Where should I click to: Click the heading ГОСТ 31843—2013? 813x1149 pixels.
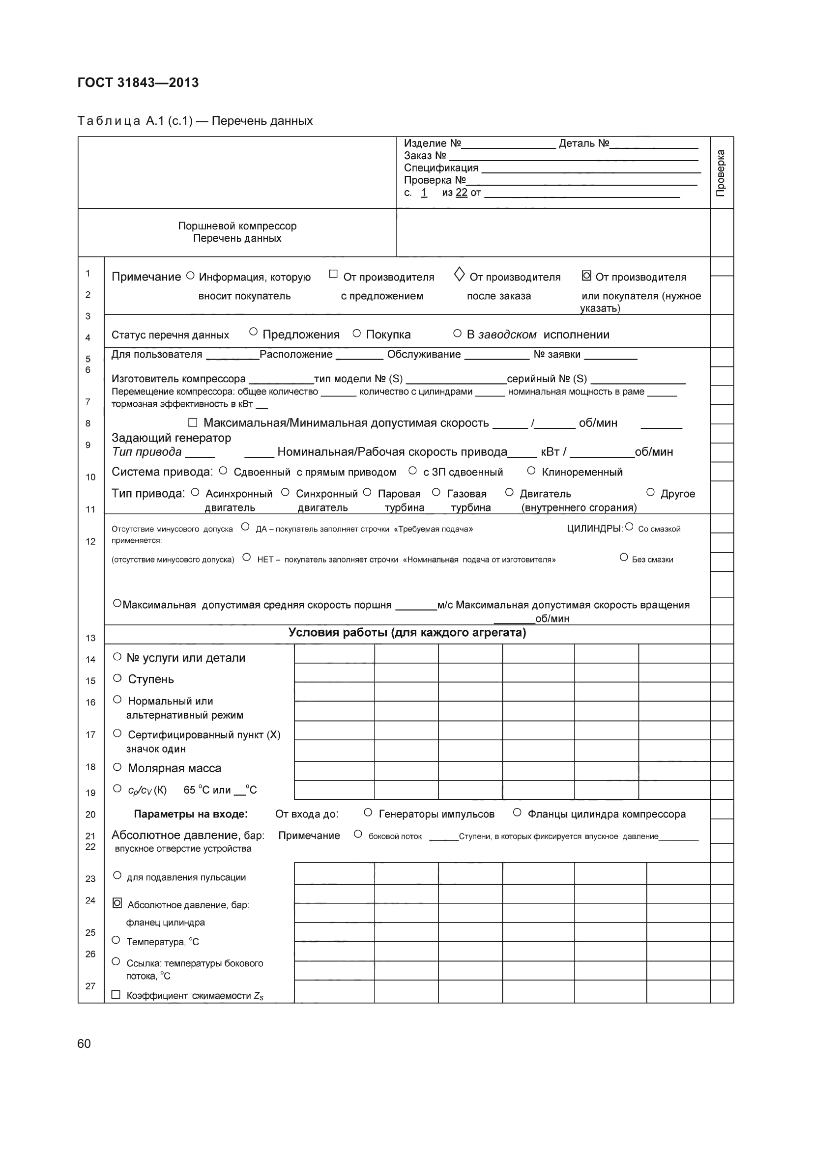[138, 83]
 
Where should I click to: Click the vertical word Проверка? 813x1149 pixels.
[721, 172]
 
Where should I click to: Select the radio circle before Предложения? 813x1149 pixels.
[253, 332]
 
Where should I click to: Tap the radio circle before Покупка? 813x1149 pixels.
[356, 333]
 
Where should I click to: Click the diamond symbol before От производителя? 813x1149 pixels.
[459, 274]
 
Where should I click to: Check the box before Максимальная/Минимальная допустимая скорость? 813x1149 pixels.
[193, 422]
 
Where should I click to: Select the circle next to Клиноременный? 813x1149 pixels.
[531, 471]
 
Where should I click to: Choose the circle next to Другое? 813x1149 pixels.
[650, 492]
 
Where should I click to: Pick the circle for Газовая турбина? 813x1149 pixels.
[436, 492]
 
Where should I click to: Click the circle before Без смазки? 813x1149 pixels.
[624, 558]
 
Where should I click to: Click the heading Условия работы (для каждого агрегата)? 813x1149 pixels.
[407, 633]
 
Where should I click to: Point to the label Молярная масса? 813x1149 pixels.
[174, 768]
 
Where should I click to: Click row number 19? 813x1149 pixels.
[90, 793]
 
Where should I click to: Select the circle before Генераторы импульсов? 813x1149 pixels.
[368, 813]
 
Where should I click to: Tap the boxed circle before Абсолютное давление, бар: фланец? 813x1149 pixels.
[117, 903]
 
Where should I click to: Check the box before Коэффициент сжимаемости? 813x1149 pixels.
[116, 995]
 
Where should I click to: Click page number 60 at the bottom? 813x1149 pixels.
[84, 1043]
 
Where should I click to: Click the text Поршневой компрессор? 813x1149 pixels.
[237, 226]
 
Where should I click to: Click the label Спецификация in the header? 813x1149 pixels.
[441, 168]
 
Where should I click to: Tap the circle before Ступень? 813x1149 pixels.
[117, 678]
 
